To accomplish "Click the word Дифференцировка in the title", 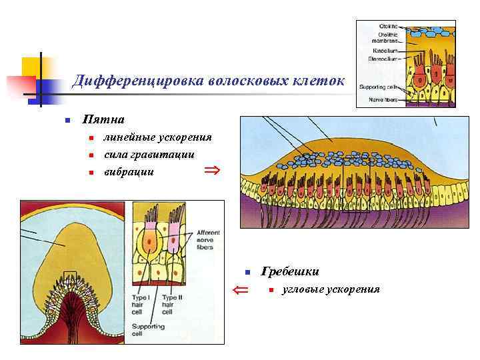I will [x=126, y=81].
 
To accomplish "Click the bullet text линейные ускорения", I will [x=157, y=137].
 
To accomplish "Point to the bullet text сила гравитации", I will [x=149, y=155].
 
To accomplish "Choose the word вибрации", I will [x=129, y=172].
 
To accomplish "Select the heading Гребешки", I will [x=290, y=271].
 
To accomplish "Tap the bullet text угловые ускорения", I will [x=331, y=289].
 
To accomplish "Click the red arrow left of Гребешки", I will [x=240, y=289].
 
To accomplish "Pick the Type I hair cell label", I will [x=142, y=304].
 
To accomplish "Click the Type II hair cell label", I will [x=173, y=304].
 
